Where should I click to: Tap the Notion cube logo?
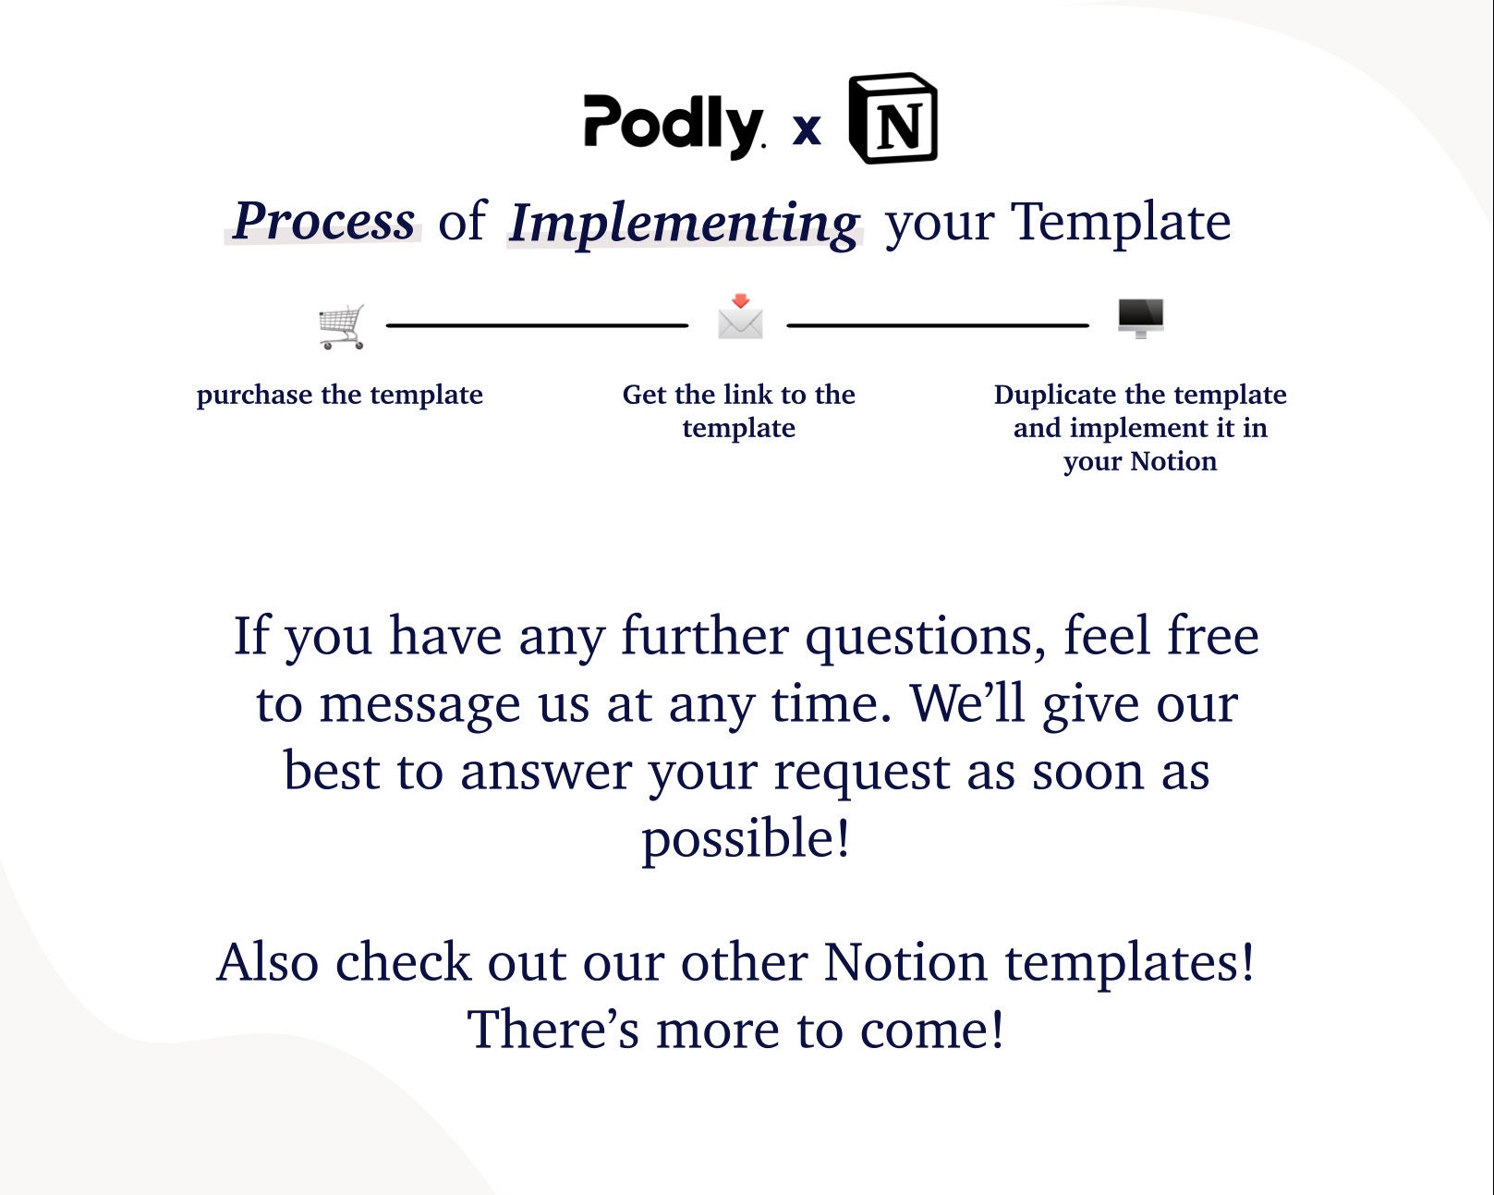coord(893,118)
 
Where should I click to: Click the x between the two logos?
coord(807,129)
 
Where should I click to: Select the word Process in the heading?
coord(323,221)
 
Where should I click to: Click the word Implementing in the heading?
coord(684,224)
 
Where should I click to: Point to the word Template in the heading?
coord(1121,222)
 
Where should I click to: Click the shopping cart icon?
coord(342,326)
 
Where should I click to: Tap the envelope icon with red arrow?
coord(740,317)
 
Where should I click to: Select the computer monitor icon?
coord(1140,318)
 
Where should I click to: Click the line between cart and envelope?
coord(537,325)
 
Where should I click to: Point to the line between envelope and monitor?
coord(937,325)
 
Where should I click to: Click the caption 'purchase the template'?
coord(339,395)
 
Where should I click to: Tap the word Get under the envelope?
coord(644,395)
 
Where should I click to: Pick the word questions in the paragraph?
coord(925,637)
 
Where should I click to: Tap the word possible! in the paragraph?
coord(746,840)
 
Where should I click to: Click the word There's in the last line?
coord(553,1030)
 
